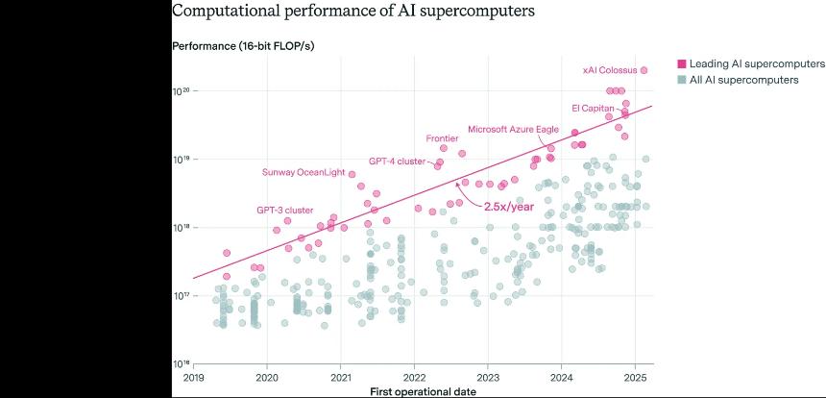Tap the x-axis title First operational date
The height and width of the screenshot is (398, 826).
coord(423,391)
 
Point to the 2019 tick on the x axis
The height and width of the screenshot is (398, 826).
coord(194,377)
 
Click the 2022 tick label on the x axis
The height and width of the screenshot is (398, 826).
coord(414,377)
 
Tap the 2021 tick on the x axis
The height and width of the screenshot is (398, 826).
coord(341,377)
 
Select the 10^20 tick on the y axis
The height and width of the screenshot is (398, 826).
coord(181,91)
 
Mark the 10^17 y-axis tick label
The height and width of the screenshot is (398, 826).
coord(181,296)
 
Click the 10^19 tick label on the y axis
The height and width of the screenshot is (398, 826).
coord(181,160)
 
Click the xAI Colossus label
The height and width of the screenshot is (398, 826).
coord(610,70)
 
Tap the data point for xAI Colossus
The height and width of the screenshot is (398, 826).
coord(644,70)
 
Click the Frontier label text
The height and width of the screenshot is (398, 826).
coord(442,138)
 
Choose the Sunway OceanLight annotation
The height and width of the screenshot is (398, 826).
coord(303,172)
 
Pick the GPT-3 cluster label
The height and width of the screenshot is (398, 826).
coord(284,210)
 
